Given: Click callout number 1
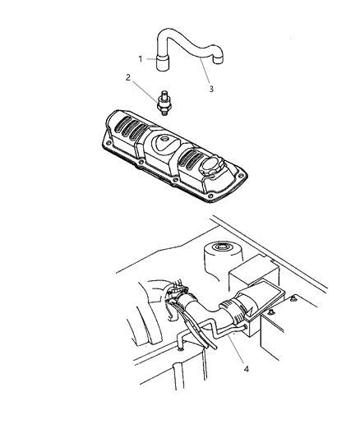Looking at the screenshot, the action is point(141,59).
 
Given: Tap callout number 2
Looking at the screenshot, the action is point(128,77).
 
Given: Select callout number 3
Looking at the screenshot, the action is point(211,89).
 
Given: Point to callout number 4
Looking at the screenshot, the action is point(246,369).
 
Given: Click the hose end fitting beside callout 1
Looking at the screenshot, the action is point(163,62).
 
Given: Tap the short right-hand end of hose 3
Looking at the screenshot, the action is point(219,58).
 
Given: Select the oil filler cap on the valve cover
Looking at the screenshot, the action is point(210,168).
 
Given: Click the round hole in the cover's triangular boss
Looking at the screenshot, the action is point(164,139).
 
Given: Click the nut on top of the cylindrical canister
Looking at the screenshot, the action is point(221,247).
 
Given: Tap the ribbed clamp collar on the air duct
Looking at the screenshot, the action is point(229,311).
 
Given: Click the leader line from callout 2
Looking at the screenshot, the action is point(145,90).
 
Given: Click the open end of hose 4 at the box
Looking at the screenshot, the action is point(245,326).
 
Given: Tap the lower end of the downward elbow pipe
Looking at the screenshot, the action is point(181,348).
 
